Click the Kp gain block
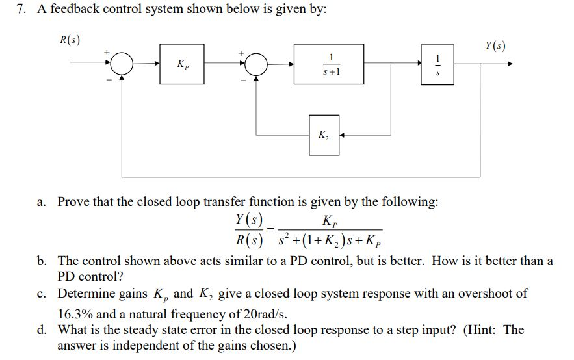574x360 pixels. [182, 64]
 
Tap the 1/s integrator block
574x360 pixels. [437, 64]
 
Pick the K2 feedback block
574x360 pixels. [324, 136]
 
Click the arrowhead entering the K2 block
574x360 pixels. [343, 136]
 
